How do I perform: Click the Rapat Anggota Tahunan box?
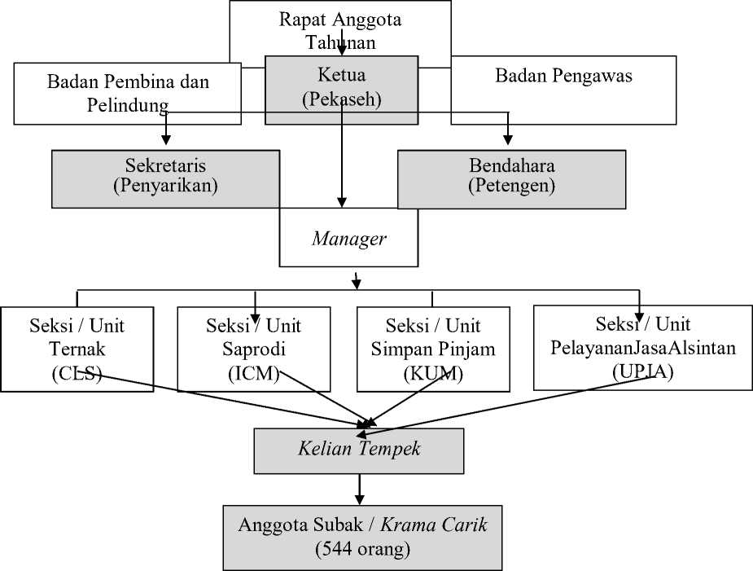(x=340, y=29)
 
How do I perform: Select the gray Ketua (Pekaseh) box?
(x=341, y=90)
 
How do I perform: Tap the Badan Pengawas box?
(x=563, y=90)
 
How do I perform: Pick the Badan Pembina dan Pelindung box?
(x=127, y=93)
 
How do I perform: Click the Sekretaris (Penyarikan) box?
(x=166, y=179)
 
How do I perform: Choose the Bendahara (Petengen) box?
(x=511, y=179)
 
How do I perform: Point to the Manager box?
(x=348, y=237)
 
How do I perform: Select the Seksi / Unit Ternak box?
(x=77, y=349)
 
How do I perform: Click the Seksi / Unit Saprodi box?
(x=253, y=349)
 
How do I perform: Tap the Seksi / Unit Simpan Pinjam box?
(x=433, y=349)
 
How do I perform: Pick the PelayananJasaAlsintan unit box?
(x=643, y=348)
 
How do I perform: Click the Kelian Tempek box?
(x=359, y=450)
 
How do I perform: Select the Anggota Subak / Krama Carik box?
(x=362, y=538)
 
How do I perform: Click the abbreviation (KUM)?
(x=433, y=373)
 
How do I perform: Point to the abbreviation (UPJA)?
(x=643, y=371)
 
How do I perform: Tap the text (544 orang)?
(x=362, y=549)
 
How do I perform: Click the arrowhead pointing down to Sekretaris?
(x=166, y=140)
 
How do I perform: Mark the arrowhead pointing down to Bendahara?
(x=508, y=140)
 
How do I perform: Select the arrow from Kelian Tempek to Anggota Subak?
(x=359, y=490)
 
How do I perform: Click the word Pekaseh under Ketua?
(x=342, y=99)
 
